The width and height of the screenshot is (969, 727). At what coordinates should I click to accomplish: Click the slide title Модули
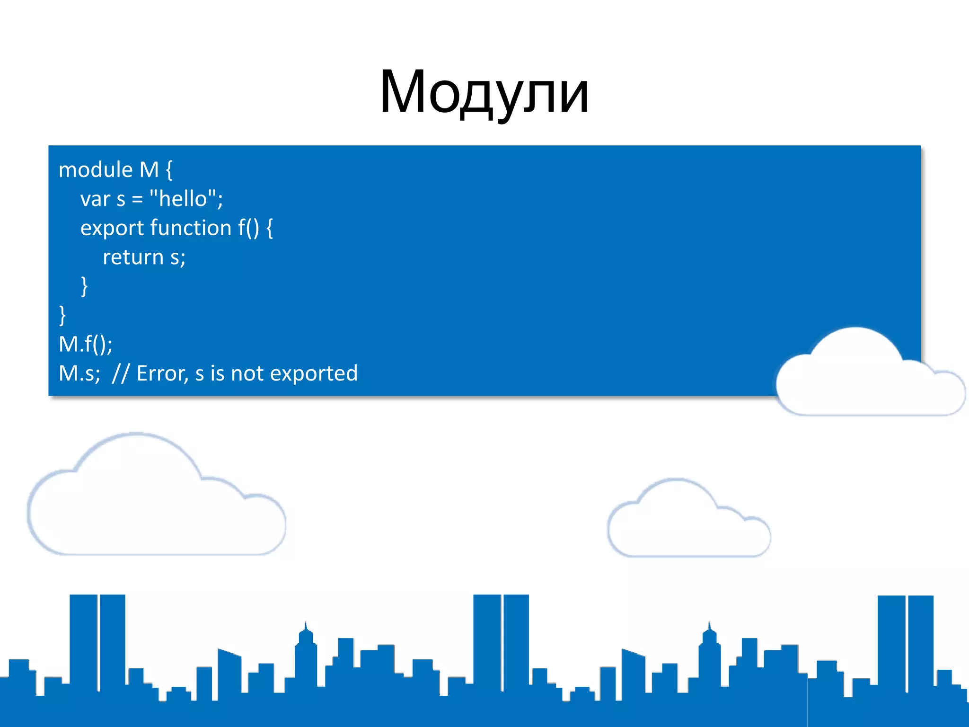coord(484,92)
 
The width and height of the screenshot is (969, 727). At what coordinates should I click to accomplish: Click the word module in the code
coord(96,170)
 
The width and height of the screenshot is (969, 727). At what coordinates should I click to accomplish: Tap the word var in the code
coord(95,199)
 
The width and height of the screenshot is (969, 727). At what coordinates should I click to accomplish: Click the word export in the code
coord(112,229)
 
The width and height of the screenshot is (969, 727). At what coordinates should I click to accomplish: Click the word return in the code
coord(133,257)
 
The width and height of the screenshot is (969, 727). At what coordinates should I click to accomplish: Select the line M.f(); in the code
coord(86,344)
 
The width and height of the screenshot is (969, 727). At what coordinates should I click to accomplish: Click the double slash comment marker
coord(121,373)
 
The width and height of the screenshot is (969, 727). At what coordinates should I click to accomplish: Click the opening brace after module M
coord(169,170)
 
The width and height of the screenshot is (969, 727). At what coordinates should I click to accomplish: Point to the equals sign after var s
coord(137,199)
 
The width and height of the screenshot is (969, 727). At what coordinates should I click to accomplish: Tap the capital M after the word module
coord(149,170)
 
